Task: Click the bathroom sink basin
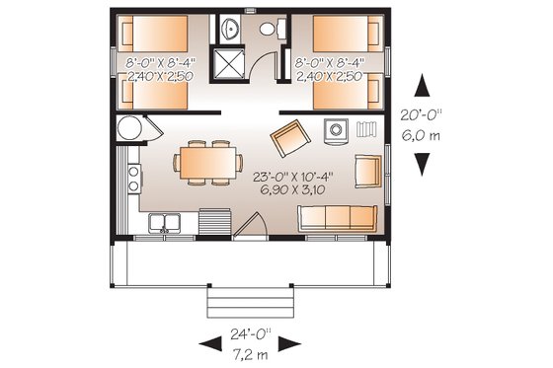229,28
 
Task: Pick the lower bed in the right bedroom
348,93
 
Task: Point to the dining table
207,161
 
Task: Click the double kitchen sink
165,224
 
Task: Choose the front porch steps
249,299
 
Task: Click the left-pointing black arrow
209,342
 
